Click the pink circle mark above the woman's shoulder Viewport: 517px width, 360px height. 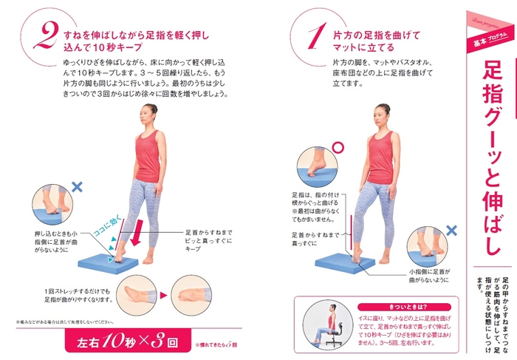pyautogui.click(x=338, y=147)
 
